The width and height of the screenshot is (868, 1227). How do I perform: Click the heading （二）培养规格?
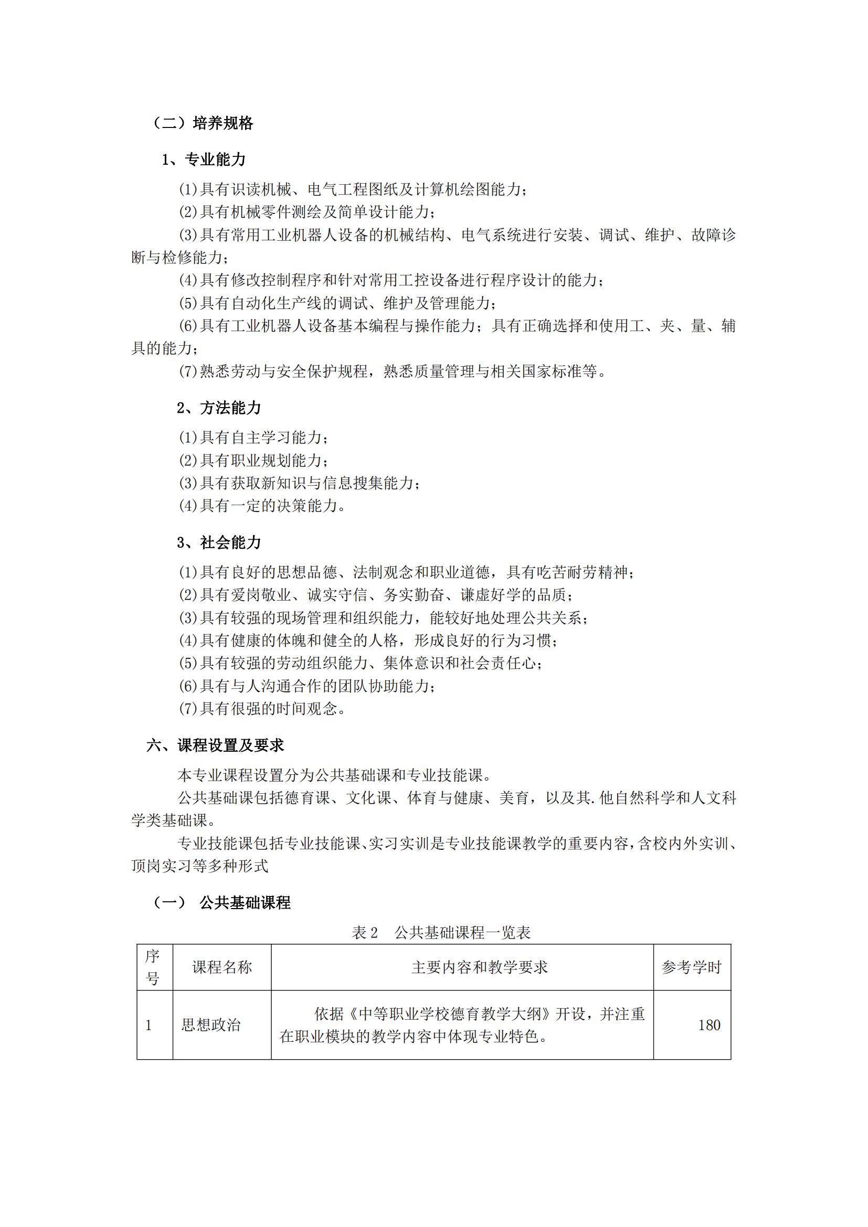pos(203,123)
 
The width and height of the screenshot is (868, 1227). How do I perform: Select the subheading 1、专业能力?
pos(204,159)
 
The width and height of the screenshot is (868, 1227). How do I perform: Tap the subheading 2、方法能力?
pos(219,408)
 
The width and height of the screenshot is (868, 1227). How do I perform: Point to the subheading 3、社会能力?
pos(219,542)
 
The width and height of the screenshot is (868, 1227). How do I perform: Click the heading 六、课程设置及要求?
pos(215,745)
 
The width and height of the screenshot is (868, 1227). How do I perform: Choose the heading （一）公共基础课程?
pos(222,903)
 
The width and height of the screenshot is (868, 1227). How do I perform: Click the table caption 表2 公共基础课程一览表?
pos(441,933)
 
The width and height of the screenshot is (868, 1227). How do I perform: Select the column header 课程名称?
pos(222,967)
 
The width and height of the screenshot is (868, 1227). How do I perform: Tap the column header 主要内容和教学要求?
pos(480,967)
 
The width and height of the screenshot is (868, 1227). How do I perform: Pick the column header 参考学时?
pos(692,967)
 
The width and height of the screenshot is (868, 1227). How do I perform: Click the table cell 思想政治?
pos(211,1025)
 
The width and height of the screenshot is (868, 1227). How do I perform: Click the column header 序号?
pos(153,967)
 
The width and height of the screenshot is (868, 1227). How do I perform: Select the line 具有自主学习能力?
pos(253,438)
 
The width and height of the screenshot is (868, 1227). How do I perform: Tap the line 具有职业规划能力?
pos(253,460)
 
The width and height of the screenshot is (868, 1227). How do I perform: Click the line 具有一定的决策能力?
pos(262,506)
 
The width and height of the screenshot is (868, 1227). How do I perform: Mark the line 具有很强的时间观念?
pos(262,709)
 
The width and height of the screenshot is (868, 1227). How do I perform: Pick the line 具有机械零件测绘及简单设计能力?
pos(307,212)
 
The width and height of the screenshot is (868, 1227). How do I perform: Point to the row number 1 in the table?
pos(149,1025)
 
